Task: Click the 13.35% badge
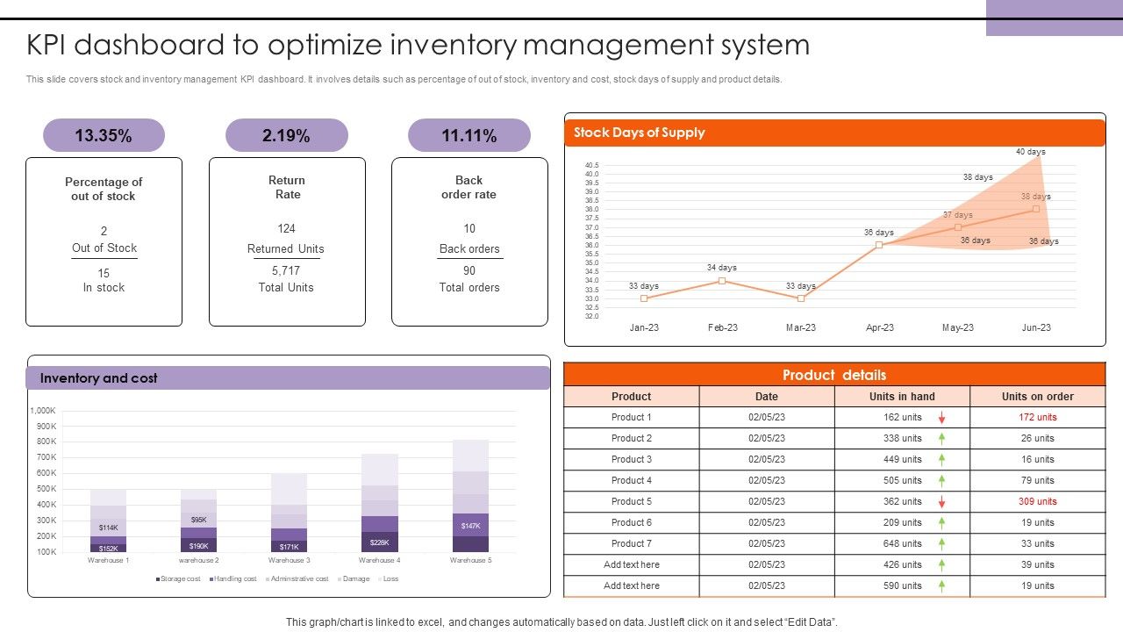[104, 135]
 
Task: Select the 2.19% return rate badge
[286, 135]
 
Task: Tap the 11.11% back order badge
[469, 135]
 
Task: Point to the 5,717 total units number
[286, 270]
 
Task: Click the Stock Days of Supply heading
[639, 133]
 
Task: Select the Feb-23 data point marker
[722, 281]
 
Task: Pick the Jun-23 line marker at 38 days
[1036, 209]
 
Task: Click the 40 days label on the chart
[1030, 152]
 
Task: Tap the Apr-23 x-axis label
[879, 327]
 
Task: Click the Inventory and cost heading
[99, 378]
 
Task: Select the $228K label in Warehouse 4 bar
[379, 542]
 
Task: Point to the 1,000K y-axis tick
[43, 411]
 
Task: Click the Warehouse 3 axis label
[289, 560]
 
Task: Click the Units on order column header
[1037, 396]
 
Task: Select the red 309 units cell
[1037, 501]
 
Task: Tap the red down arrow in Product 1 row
[941, 418]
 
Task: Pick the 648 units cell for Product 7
[902, 543]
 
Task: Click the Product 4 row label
[631, 480]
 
